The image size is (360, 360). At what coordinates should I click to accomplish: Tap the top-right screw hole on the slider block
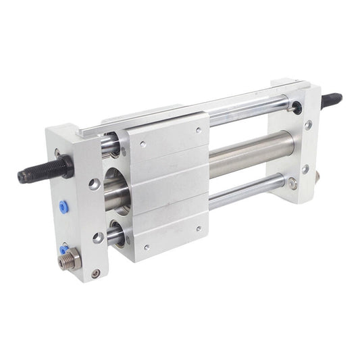tap(199, 130)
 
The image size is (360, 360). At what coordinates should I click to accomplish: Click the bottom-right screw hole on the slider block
tap(199, 228)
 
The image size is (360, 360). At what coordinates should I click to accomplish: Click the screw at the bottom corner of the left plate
tap(96, 273)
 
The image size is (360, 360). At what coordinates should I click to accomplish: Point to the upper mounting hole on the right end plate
tap(308, 125)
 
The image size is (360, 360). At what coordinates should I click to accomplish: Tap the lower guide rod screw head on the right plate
tap(292, 182)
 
